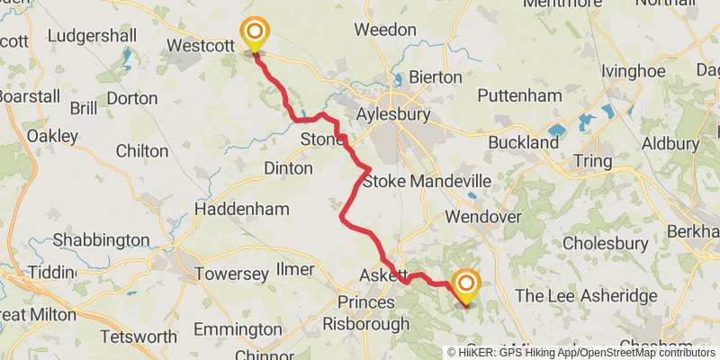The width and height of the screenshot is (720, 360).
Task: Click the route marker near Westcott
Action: pos(254,35)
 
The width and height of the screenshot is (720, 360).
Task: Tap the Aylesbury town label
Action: pos(393,115)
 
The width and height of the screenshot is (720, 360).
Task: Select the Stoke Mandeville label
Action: pos(427,182)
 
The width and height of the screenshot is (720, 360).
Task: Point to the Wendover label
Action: pos(483,218)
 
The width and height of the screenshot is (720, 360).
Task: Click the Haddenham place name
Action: pos(242,209)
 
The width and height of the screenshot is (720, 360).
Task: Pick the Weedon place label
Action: pos(385,30)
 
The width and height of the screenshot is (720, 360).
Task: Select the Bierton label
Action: pos(435,77)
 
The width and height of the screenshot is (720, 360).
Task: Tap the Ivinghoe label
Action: pos(629,68)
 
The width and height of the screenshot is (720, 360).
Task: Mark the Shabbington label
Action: pos(101,240)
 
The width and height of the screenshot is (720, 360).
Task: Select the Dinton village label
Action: pos(288,168)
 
